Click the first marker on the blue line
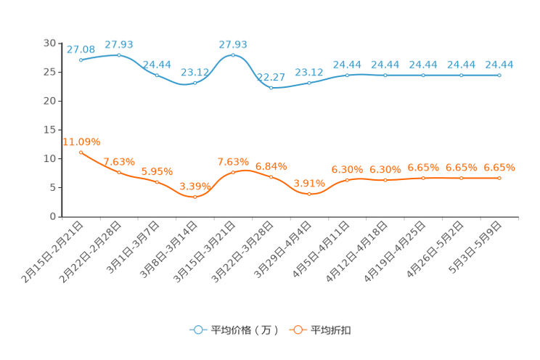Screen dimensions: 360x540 click(x=81, y=60)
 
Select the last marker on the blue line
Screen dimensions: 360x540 click(x=499, y=75)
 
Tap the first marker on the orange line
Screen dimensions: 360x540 click(x=81, y=152)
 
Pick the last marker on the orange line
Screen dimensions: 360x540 click(x=499, y=177)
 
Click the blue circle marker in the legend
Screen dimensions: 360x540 click(x=197, y=330)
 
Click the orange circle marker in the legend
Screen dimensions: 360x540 click(x=298, y=330)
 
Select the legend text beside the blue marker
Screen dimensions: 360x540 click(x=245, y=330)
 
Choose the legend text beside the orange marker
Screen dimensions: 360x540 click(x=332, y=330)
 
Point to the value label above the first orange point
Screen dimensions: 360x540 click(x=81, y=141)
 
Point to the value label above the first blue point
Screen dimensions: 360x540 click(x=81, y=49)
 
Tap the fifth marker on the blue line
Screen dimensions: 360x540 click(x=233, y=55)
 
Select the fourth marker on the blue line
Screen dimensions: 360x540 click(x=195, y=83)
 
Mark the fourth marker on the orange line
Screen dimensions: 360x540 click(x=195, y=196)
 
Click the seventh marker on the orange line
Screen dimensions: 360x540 click(x=309, y=194)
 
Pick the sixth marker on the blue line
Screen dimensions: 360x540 click(x=271, y=87)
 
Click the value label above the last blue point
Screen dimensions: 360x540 click(x=499, y=65)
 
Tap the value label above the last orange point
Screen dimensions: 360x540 click(x=499, y=167)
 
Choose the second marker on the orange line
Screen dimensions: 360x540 click(x=119, y=171)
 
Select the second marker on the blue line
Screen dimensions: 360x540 click(x=119, y=54)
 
